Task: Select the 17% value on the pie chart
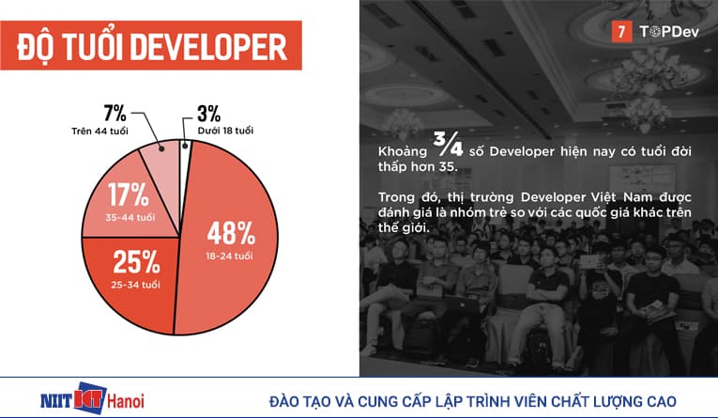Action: click(x=129, y=195)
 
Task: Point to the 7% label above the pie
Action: click(x=115, y=114)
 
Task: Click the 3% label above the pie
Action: click(x=208, y=114)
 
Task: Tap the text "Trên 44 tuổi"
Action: click(x=99, y=130)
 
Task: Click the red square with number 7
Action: click(x=620, y=31)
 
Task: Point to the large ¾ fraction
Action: click(x=439, y=142)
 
